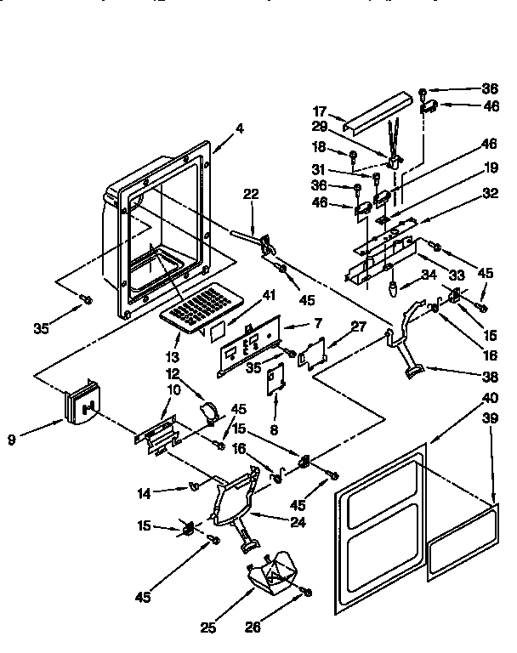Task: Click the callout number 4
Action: click(x=239, y=130)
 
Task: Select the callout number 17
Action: click(x=320, y=111)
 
